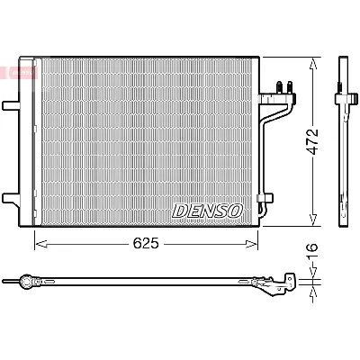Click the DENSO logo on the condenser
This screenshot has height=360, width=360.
point(207,211)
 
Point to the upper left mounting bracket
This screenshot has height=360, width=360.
point(11,106)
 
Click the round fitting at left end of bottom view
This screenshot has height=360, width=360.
point(28,281)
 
